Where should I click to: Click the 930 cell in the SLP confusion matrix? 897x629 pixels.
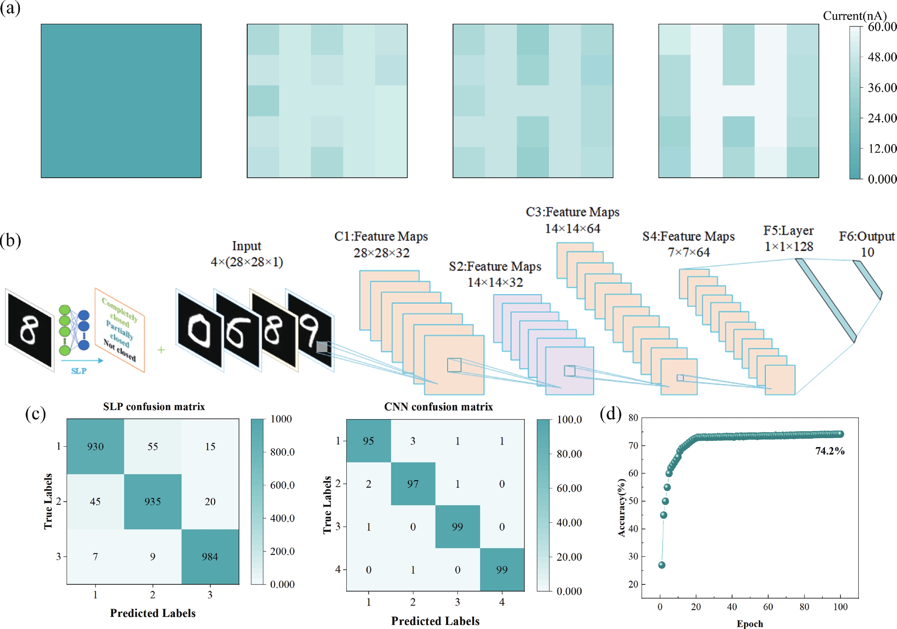coord(95,446)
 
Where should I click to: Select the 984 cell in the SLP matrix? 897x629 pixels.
coord(210,557)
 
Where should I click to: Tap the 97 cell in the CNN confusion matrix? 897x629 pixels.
coord(413,484)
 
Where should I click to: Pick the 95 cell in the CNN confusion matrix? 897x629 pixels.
coord(368,441)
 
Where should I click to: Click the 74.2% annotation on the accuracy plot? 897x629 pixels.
coord(830,451)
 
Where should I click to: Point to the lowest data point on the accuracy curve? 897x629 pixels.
coord(662,565)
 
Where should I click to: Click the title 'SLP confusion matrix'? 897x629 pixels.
coord(154,407)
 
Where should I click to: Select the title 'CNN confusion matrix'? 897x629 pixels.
coord(438,407)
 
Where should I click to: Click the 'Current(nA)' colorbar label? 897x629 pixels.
coord(854,16)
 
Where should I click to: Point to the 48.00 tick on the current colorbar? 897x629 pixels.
coord(882,57)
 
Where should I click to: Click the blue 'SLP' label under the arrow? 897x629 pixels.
coord(79,371)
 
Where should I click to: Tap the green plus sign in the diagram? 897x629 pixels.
coord(161,350)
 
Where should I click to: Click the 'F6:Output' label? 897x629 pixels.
coord(867,236)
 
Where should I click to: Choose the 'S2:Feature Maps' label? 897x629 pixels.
coord(495,267)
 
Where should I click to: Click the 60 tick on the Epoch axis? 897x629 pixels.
coord(768,607)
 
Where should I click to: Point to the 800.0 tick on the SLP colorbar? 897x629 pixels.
coord(282,452)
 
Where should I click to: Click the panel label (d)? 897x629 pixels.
coord(610,414)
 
